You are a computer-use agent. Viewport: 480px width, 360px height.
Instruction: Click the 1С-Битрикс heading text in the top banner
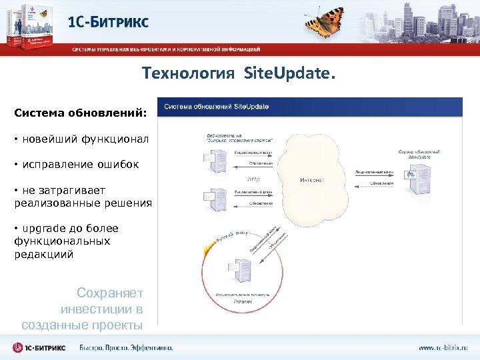[109, 21]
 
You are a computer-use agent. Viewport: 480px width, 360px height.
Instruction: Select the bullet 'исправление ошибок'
[80, 164]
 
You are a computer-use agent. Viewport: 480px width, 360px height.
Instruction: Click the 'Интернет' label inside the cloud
[311, 180]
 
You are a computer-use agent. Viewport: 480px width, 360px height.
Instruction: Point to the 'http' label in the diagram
[253, 179]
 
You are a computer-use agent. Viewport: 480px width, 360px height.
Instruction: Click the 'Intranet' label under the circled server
[242, 301]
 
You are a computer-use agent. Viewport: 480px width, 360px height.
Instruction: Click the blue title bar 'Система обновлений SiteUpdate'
[309, 107]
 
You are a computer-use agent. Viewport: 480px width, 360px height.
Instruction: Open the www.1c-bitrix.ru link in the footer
[443, 347]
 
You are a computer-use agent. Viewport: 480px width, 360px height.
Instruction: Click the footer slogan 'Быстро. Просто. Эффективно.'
[126, 347]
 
